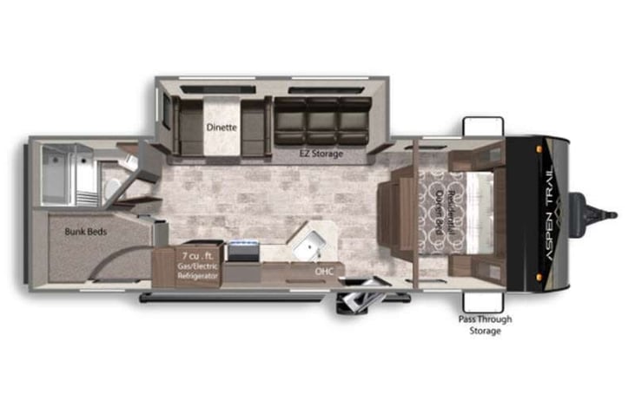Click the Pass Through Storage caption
(485, 325)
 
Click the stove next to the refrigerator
(242, 253)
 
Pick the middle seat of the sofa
(322, 121)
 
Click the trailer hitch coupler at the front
(608, 213)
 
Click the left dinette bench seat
(187, 127)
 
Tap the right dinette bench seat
(253, 127)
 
